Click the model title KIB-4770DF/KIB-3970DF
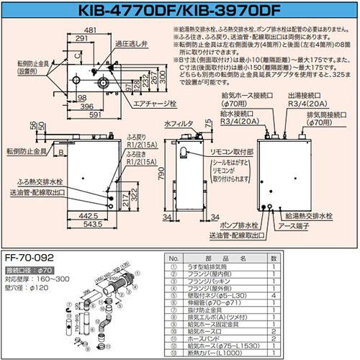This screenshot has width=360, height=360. [180, 9]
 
